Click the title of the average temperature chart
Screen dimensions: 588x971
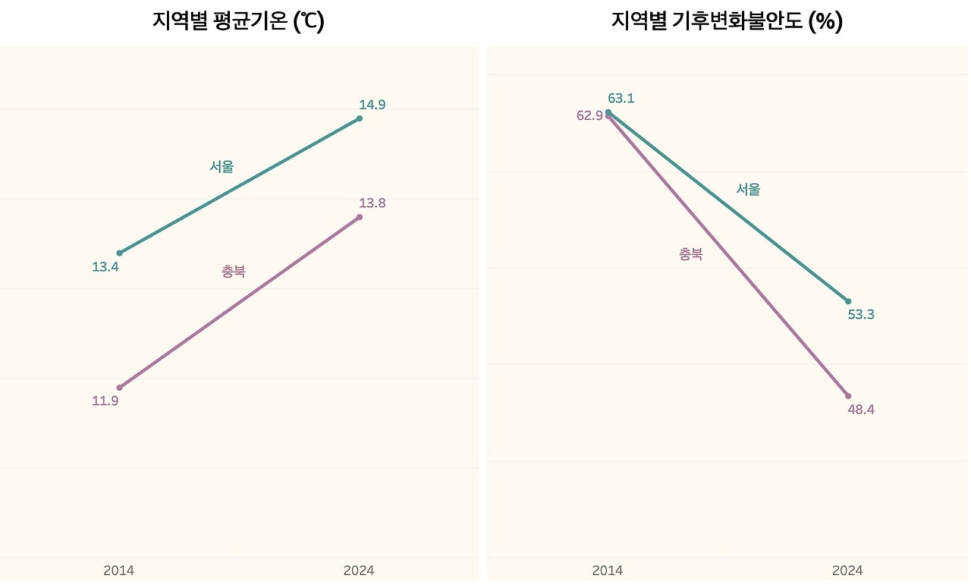238,21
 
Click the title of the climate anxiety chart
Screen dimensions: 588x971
727,21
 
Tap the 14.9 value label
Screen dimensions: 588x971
372,105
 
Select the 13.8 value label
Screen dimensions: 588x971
372,203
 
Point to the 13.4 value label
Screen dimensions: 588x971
105,267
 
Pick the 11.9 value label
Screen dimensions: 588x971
105,401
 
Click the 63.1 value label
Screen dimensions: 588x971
621,98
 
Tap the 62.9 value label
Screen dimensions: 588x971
589,115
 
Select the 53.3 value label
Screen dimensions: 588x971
861,314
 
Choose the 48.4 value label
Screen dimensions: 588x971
861,409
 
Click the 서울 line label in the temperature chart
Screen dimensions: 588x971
222,167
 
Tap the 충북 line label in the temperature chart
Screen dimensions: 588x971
234,271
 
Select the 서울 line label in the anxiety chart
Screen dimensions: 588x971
748,190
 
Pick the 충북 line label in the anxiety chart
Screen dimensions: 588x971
690,254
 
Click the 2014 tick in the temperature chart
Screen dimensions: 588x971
119,571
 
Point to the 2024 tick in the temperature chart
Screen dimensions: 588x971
359,571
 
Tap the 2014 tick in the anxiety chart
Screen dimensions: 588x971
608,571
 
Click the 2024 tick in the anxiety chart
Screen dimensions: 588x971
847,571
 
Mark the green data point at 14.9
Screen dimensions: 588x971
360,118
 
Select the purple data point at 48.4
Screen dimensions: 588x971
848,396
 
